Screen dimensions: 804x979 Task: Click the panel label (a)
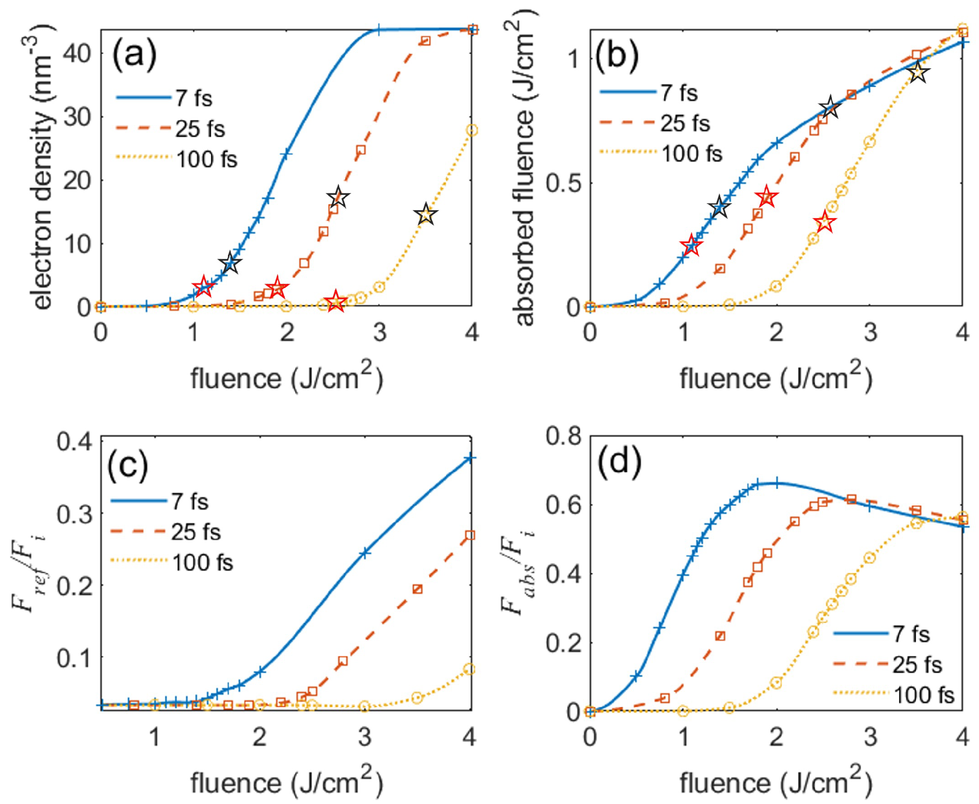pos(135,55)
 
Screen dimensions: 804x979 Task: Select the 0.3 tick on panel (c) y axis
pos(73,514)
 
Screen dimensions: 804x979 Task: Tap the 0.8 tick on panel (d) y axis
pos(564,436)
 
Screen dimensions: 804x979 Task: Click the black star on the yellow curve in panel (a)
pos(426,215)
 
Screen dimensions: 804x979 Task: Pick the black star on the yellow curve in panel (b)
pos(918,72)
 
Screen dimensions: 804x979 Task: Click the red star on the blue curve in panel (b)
pos(691,246)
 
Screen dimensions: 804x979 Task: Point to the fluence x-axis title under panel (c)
pos(286,783)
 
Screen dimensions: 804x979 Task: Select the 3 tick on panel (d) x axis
pos(870,738)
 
